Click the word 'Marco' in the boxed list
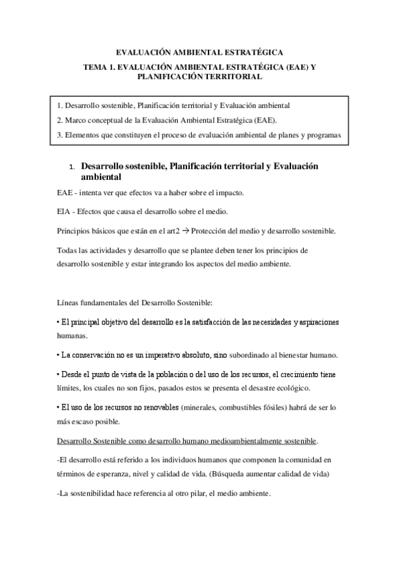click(77, 121)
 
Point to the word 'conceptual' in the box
click(109, 121)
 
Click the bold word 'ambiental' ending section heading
click(101, 178)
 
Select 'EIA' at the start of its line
click(57, 212)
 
